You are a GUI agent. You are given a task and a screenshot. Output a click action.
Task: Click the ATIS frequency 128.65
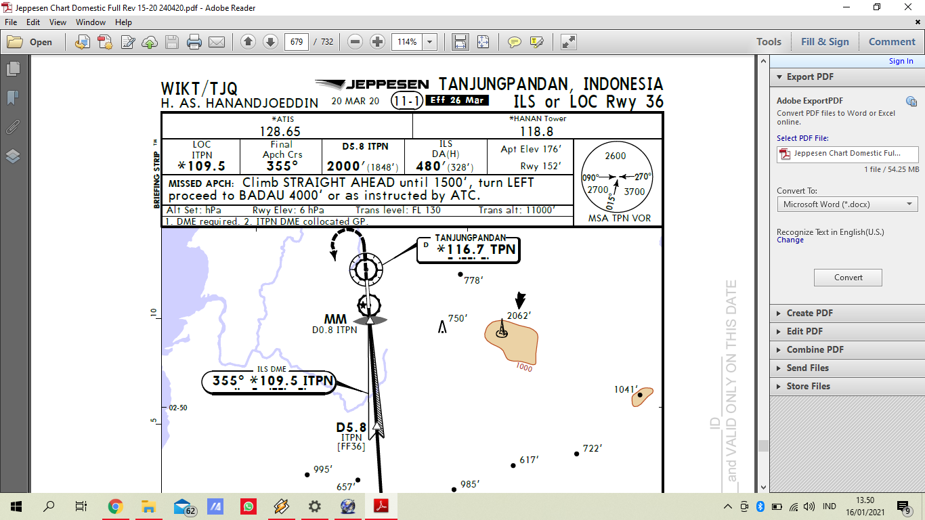pyautogui.click(x=280, y=131)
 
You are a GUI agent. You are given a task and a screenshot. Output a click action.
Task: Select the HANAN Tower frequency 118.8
pyautogui.click(x=536, y=131)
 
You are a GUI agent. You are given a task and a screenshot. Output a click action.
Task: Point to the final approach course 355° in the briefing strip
pyautogui.click(x=282, y=167)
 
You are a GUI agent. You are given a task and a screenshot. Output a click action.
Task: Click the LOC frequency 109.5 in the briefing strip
pyautogui.click(x=202, y=167)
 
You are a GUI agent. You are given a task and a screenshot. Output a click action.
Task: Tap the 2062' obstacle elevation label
pyautogui.click(x=519, y=316)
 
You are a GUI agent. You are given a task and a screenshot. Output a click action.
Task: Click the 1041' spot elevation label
pyautogui.click(x=626, y=389)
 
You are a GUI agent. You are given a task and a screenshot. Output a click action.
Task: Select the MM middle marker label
pyautogui.click(x=335, y=320)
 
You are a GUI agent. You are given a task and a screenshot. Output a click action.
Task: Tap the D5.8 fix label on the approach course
pyautogui.click(x=351, y=428)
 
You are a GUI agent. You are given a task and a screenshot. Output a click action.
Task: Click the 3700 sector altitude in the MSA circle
pyautogui.click(x=634, y=192)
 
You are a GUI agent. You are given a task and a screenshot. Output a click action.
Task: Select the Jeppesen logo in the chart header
pyautogui.click(x=372, y=85)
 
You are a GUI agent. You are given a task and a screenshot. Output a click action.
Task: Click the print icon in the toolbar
pyautogui.click(x=194, y=42)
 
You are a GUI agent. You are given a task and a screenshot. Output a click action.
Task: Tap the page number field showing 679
pyautogui.click(x=296, y=42)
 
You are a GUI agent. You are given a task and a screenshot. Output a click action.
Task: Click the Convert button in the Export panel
pyautogui.click(x=848, y=278)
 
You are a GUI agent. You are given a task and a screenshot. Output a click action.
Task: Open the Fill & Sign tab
pyautogui.click(x=824, y=42)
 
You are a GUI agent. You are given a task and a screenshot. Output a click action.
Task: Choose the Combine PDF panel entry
pyautogui.click(x=815, y=349)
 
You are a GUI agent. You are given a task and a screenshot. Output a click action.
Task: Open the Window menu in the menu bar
pyautogui.click(x=90, y=22)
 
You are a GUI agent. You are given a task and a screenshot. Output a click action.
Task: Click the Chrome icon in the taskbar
pyautogui.click(x=115, y=506)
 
